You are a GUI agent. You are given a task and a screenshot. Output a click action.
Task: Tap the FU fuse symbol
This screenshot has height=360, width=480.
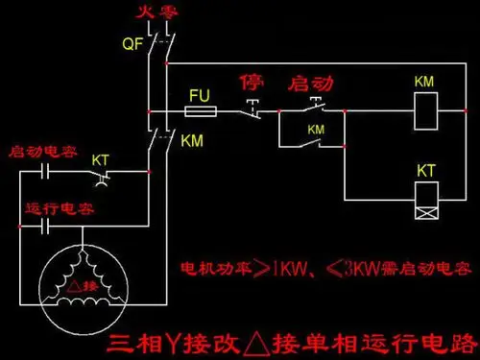(x=203, y=112)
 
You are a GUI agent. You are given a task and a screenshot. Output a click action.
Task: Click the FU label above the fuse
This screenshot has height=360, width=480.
(x=200, y=96)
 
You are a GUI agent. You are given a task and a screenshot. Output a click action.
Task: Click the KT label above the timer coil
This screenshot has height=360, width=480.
(x=426, y=170)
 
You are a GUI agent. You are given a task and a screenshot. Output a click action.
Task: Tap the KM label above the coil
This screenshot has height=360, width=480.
(x=423, y=83)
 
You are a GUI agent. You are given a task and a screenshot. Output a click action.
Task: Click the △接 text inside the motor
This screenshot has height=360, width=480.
(x=81, y=284)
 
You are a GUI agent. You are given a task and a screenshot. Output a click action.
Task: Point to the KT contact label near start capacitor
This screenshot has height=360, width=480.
(x=100, y=158)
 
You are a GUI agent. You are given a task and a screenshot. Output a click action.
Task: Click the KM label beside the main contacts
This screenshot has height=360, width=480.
(x=192, y=140)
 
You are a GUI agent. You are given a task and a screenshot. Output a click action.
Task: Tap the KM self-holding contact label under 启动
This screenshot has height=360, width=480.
(x=315, y=129)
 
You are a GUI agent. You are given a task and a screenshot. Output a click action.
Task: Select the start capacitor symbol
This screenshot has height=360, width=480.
(x=45, y=174)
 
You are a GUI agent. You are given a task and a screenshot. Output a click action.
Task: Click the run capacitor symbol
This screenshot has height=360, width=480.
(x=45, y=226)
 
